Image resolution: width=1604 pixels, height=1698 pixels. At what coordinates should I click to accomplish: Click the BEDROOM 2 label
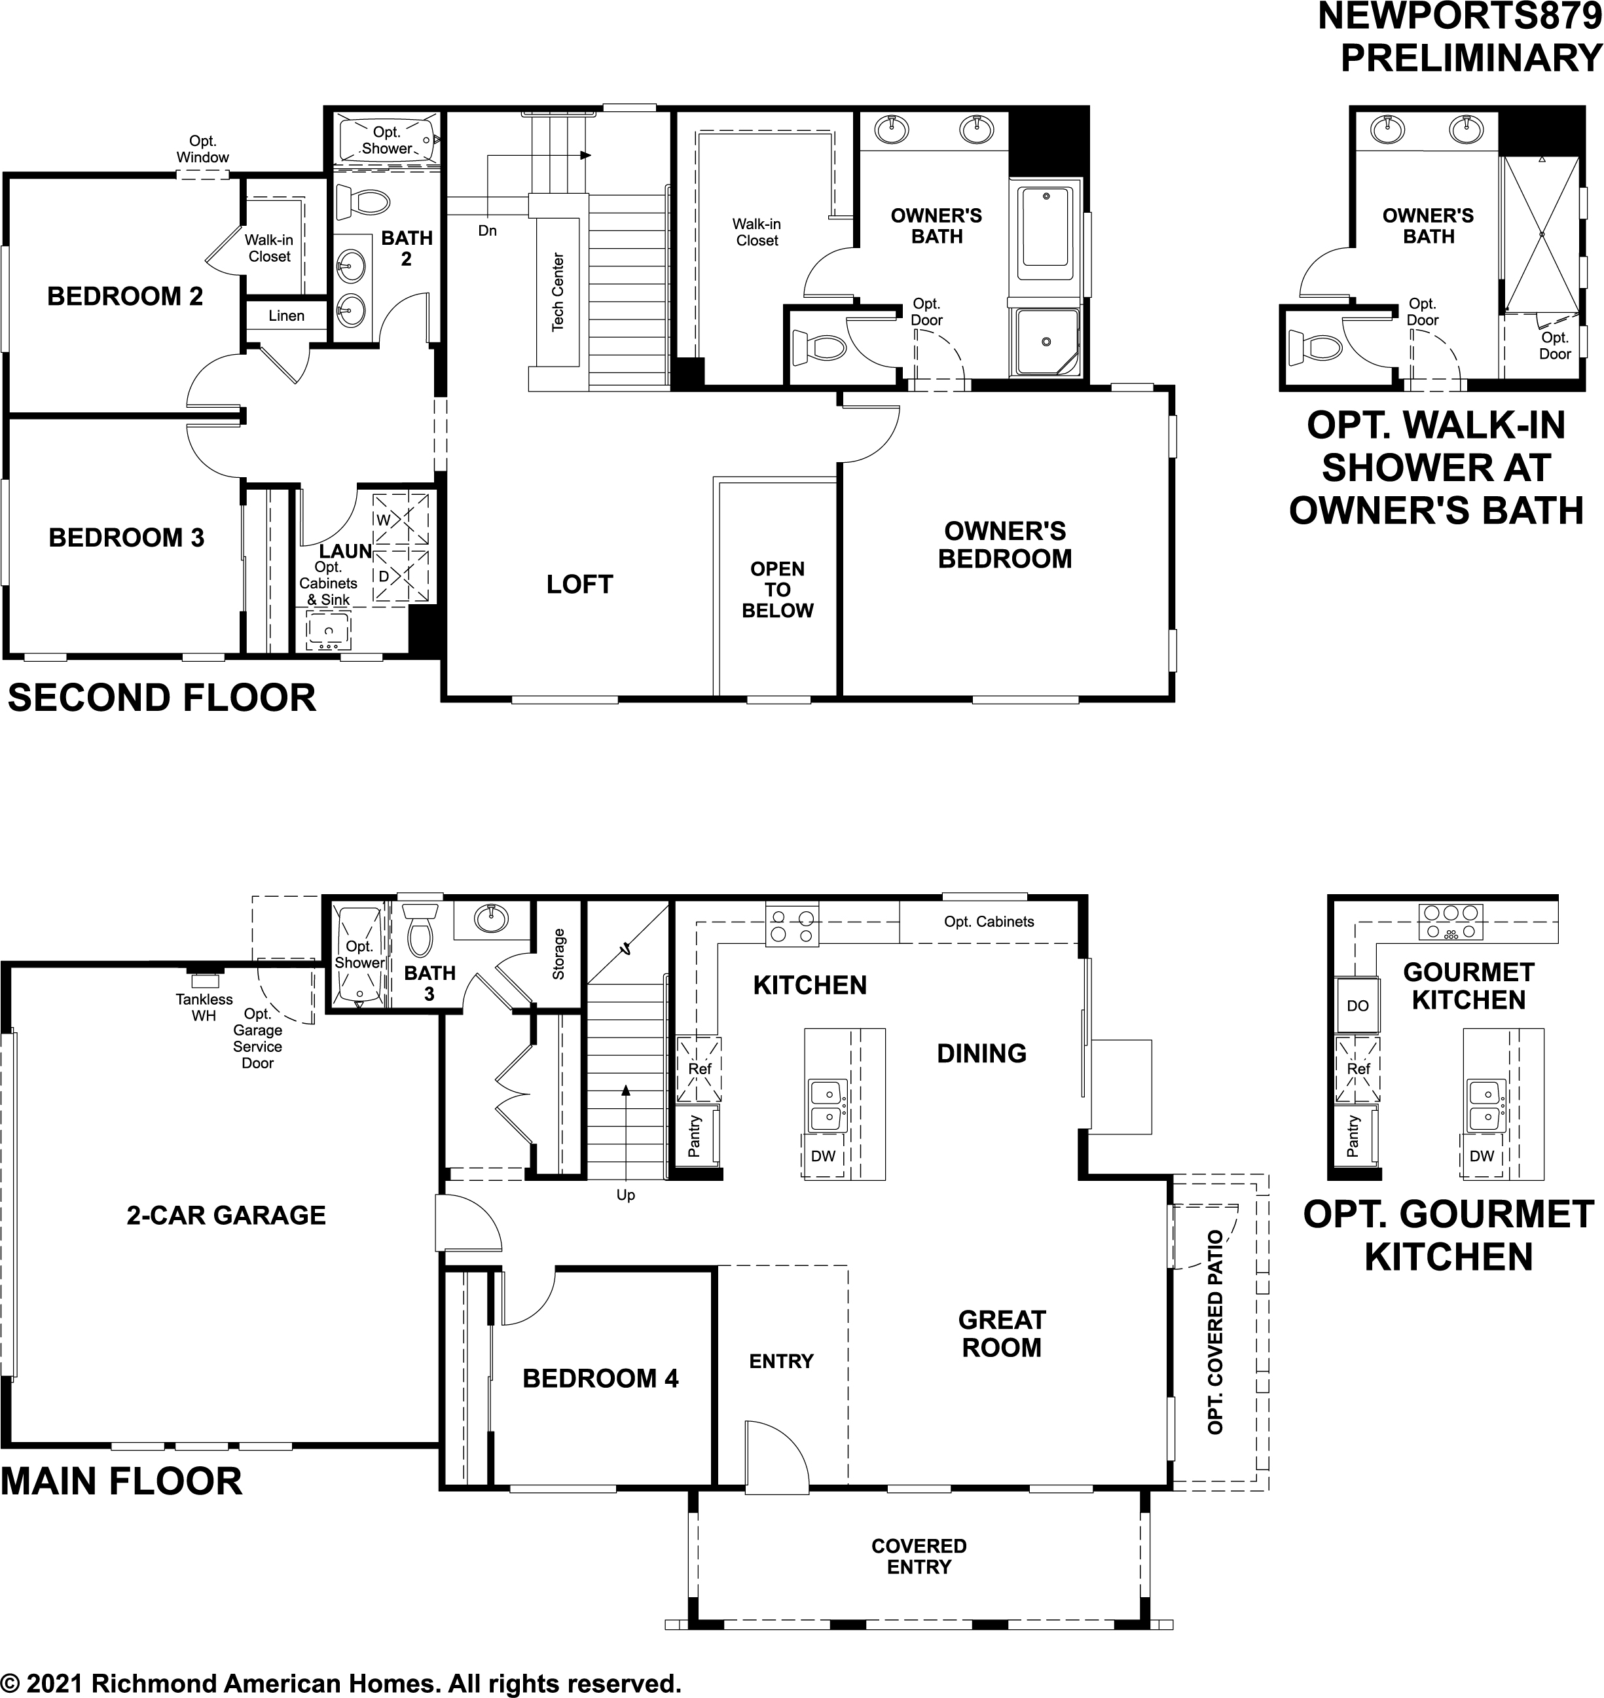click(x=125, y=297)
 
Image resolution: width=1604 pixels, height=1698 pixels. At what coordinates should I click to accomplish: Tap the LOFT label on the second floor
click(x=579, y=585)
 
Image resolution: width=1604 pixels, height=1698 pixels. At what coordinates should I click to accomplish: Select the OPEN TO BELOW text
click(x=777, y=590)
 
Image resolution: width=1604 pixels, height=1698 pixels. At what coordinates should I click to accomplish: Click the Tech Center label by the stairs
click(x=557, y=293)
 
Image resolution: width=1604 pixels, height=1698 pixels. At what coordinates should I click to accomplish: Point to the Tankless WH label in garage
click(x=204, y=1007)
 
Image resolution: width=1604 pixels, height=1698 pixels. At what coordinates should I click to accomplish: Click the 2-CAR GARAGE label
click(x=226, y=1215)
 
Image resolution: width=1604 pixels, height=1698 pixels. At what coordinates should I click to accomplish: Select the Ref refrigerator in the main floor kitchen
click(x=699, y=1069)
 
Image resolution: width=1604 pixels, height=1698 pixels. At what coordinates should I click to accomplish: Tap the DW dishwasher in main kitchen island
click(x=822, y=1157)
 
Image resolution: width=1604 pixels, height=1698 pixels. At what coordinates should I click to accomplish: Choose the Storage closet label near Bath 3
click(x=558, y=953)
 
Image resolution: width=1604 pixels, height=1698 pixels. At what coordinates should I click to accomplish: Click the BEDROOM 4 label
click(x=600, y=1379)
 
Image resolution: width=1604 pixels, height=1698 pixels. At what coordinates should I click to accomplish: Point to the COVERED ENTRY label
click(x=919, y=1556)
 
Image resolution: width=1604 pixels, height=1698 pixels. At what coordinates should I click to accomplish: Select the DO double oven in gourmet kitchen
click(x=1357, y=1006)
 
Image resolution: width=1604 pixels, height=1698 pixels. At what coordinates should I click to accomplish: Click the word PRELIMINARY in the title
click(x=1470, y=58)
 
